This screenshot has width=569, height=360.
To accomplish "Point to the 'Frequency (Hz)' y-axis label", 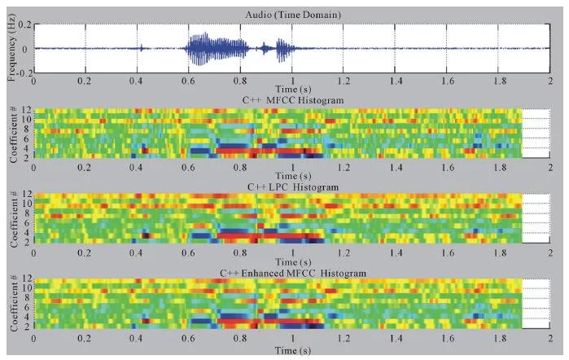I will click(11, 48).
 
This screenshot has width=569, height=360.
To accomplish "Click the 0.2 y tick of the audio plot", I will click(24, 25).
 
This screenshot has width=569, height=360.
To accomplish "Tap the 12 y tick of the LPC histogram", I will click(26, 195).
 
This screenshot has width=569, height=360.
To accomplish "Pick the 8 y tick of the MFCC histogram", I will click(28, 130).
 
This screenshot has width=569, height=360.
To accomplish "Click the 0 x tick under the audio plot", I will click(33, 81).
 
